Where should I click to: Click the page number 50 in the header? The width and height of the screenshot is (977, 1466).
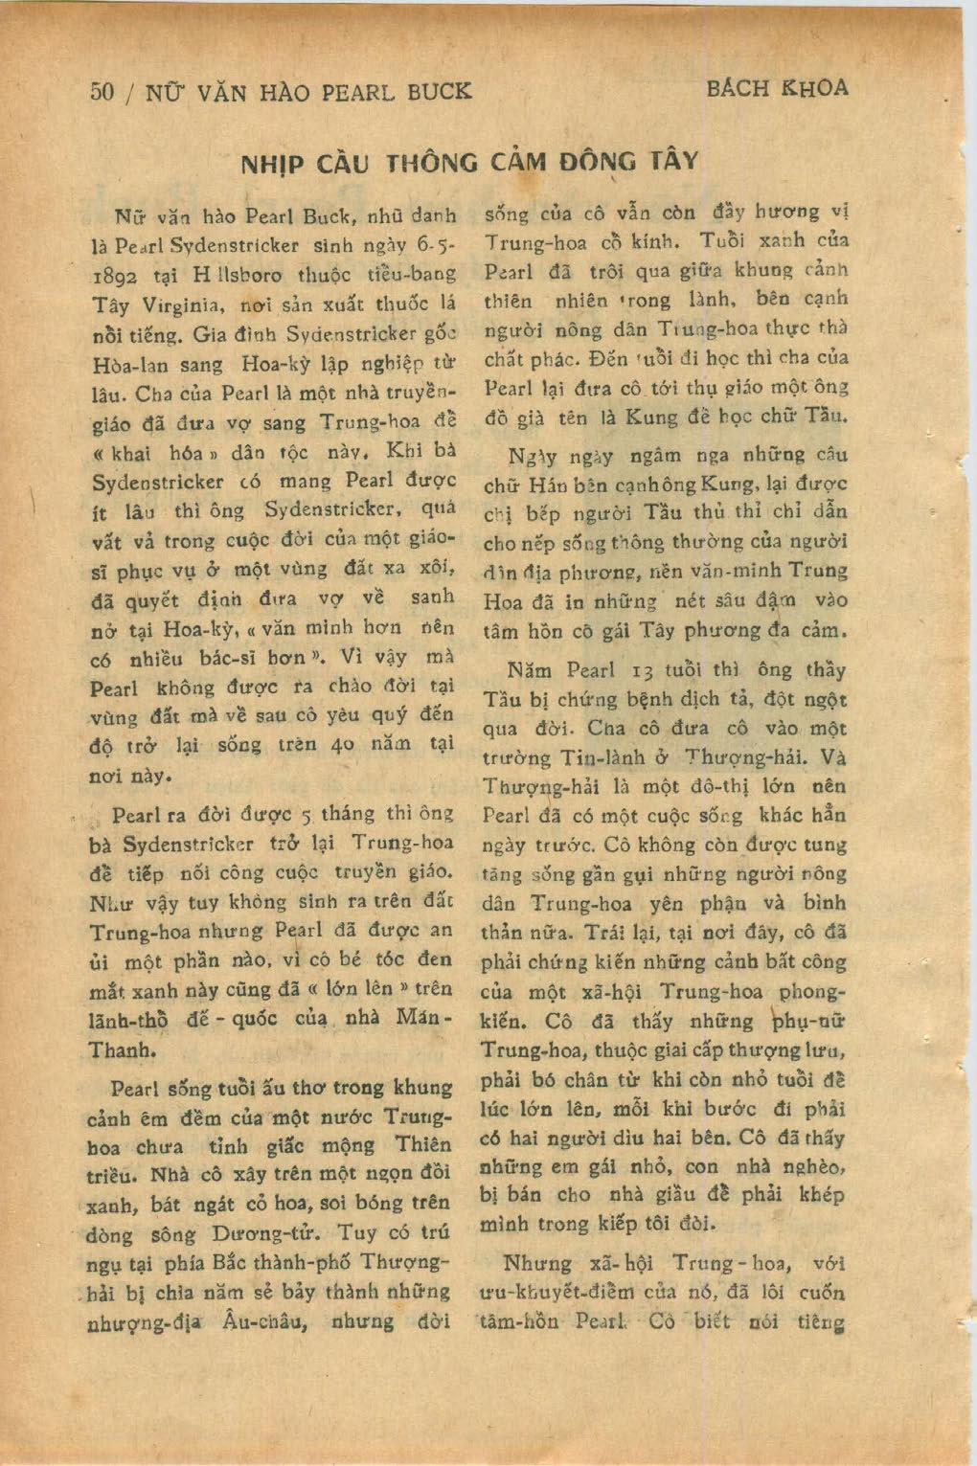click(102, 92)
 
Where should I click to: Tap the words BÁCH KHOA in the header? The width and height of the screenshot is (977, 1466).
click(777, 89)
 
